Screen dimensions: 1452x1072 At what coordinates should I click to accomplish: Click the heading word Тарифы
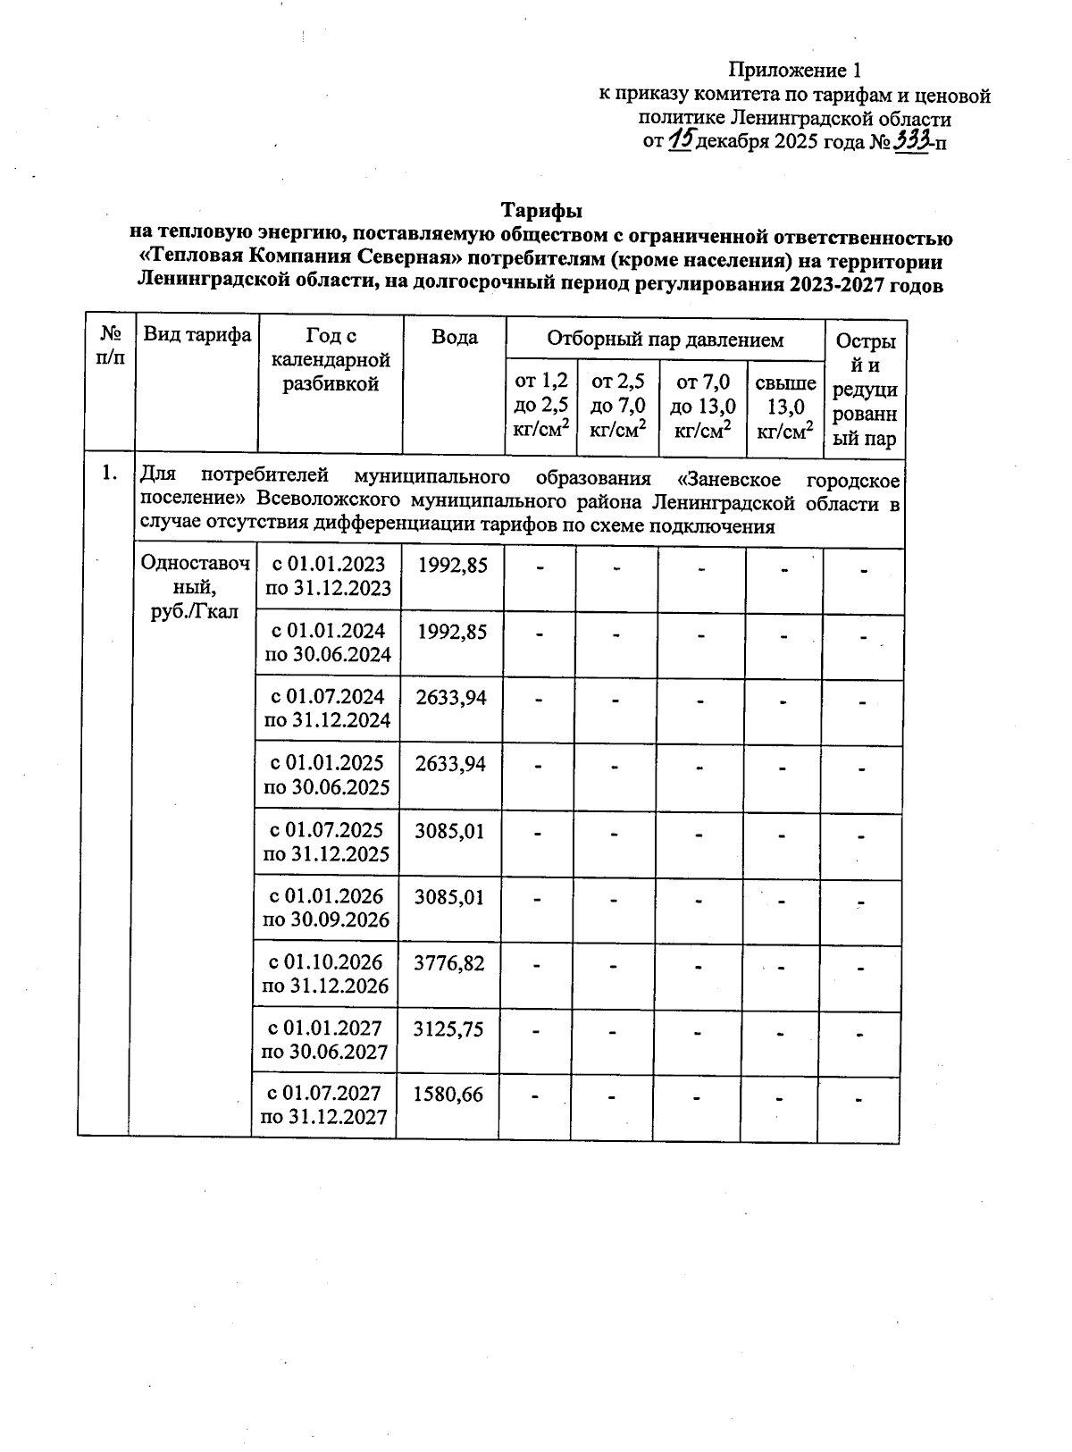click(540, 211)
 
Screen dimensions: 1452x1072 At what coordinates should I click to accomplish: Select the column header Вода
click(454, 337)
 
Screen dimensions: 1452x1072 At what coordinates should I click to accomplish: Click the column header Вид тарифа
click(197, 335)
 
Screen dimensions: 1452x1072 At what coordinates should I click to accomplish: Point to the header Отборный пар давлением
click(665, 340)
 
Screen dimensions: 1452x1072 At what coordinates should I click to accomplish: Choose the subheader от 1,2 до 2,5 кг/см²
click(540, 406)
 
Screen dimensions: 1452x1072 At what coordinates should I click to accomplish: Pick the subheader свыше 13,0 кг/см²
click(784, 407)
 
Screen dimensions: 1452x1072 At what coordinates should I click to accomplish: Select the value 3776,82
click(449, 963)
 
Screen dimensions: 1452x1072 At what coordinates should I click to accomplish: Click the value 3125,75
click(448, 1029)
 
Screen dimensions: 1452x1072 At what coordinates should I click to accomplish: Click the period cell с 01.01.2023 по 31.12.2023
click(328, 576)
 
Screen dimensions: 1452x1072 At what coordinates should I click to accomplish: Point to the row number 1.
click(109, 474)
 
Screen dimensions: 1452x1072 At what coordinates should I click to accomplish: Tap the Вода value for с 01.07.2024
click(451, 697)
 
